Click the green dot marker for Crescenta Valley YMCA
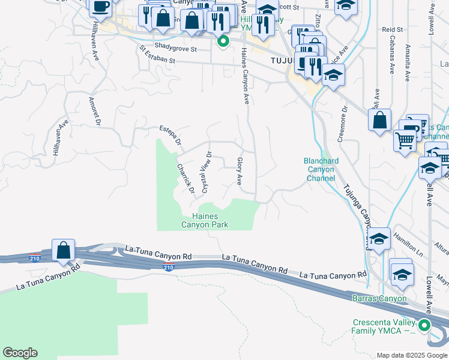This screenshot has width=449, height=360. [424, 326]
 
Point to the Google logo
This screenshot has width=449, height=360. [20, 353]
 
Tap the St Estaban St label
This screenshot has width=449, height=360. [157, 55]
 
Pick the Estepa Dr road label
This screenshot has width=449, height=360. [170, 136]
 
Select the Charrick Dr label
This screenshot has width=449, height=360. [186, 178]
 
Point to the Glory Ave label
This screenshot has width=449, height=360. [240, 171]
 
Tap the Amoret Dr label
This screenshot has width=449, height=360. [93, 111]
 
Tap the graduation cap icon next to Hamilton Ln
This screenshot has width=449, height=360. [379, 239]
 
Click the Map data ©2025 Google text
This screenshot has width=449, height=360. [412, 355]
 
